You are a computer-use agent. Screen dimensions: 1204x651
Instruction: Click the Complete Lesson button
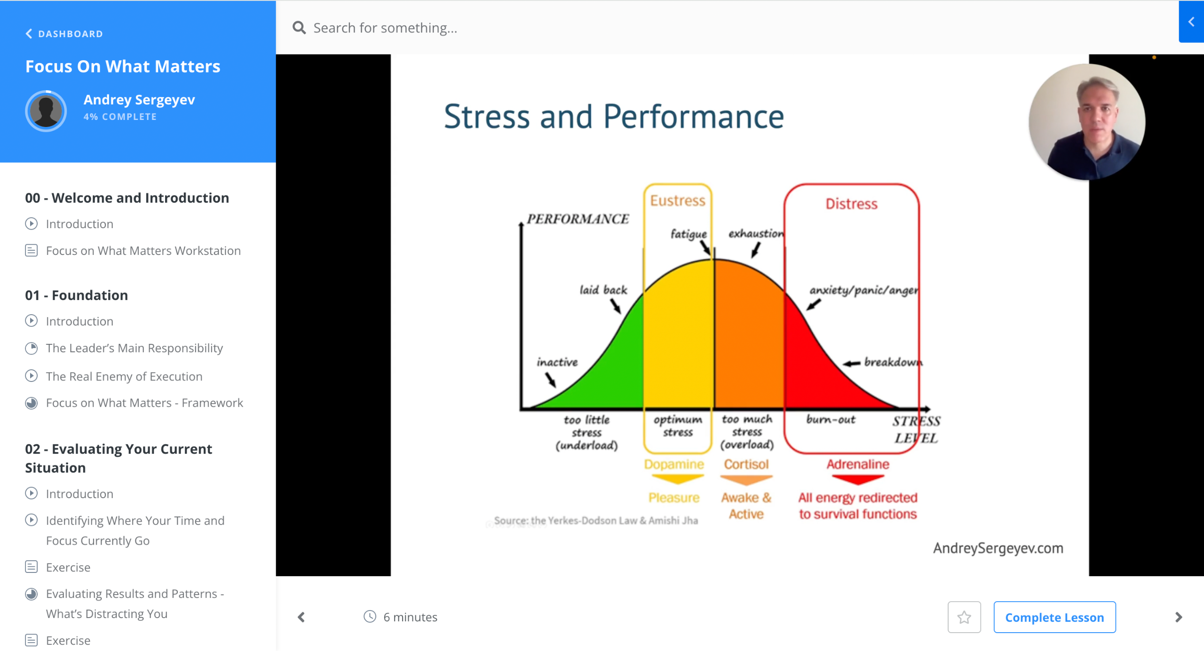(x=1054, y=617)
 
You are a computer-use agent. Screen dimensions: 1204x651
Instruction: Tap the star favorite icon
(x=964, y=617)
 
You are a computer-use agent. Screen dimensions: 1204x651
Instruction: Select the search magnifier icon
(x=299, y=28)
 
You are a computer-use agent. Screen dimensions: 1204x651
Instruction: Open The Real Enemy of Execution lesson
(x=124, y=376)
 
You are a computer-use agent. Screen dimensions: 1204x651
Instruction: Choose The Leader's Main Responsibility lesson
(x=135, y=348)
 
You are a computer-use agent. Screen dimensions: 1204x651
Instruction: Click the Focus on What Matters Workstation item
(x=143, y=251)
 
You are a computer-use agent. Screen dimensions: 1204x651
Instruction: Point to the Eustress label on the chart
(x=678, y=201)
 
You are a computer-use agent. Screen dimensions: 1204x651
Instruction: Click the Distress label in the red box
(x=852, y=204)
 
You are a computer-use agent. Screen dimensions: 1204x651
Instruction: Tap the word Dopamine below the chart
(x=674, y=464)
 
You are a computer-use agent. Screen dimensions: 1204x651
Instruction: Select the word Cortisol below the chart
(x=746, y=464)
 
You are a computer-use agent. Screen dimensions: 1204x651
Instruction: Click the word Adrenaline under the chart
(x=858, y=464)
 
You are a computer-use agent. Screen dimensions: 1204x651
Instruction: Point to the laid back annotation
(x=603, y=290)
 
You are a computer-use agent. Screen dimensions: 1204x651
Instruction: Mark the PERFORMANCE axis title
(x=578, y=219)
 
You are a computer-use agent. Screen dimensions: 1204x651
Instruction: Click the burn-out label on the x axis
(x=831, y=419)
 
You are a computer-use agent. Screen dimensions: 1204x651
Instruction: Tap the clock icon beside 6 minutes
(x=370, y=617)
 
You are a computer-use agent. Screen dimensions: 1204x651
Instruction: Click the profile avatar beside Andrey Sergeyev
(x=46, y=111)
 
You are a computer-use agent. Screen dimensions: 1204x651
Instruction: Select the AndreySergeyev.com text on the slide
(x=998, y=548)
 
